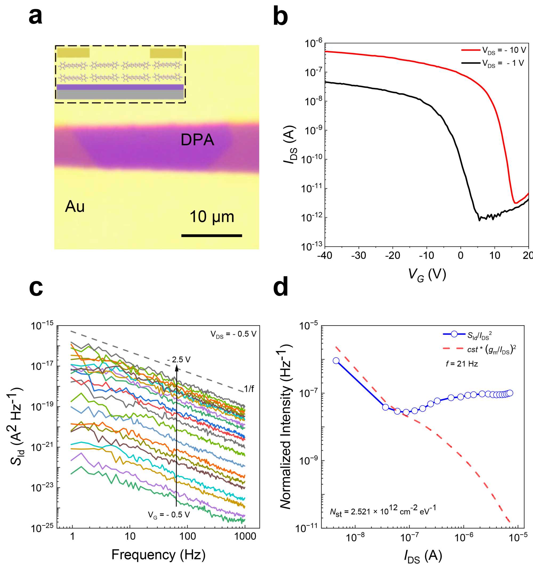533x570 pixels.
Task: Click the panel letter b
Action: pos(280,17)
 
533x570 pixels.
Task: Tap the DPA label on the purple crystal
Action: pos(197,140)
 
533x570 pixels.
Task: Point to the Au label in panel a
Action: pos(75,207)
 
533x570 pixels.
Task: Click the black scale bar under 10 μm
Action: pos(212,236)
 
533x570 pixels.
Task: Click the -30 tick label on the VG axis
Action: pos(358,255)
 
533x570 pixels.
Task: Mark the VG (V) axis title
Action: pos(427,275)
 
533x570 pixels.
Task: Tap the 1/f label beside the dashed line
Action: pos(249,389)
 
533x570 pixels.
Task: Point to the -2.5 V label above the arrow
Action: pos(179,359)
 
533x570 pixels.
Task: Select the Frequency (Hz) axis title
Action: pos(158,555)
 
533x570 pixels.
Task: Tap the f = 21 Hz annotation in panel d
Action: pos(462,364)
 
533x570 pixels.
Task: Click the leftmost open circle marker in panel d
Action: pos(336,361)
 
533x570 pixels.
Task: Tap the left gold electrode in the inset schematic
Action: pos(73,53)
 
